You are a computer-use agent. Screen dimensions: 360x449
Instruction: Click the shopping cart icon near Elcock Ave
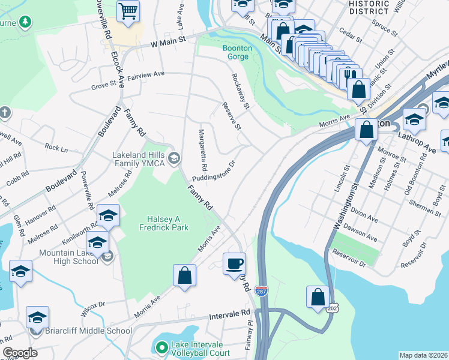point(128,11)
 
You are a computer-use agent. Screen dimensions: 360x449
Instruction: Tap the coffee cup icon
point(234,263)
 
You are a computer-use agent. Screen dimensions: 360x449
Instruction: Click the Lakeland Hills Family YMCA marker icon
point(174,158)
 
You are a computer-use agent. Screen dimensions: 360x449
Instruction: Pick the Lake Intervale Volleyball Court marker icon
point(161,347)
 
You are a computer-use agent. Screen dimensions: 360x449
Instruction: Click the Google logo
point(20,353)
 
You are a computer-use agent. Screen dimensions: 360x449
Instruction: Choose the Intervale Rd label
point(229,314)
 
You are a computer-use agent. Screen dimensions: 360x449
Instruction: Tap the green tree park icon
point(25,23)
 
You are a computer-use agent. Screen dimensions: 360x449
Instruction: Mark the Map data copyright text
point(423,355)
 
